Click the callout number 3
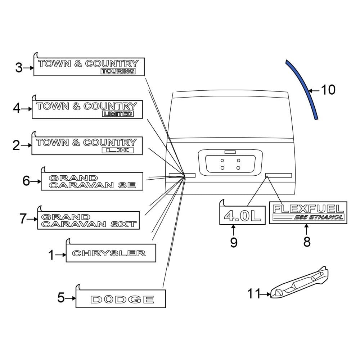pyautogui.click(x=19, y=67)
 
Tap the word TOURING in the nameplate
pyautogui.click(x=118, y=71)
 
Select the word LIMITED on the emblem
pyautogui.click(x=118, y=114)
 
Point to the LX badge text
pyautogui.click(x=118, y=150)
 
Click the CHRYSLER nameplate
pyautogui.click(x=109, y=253)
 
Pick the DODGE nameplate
pyautogui.click(x=122, y=299)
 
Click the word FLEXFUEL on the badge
pyautogui.click(x=308, y=208)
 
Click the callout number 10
pyautogui.click(x=328, y=90)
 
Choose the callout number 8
pyautogui.click(x=307, y=242)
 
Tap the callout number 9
pyautogui.click(x=234, y=243)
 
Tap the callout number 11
pyautogui.click(x=253, y=294)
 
